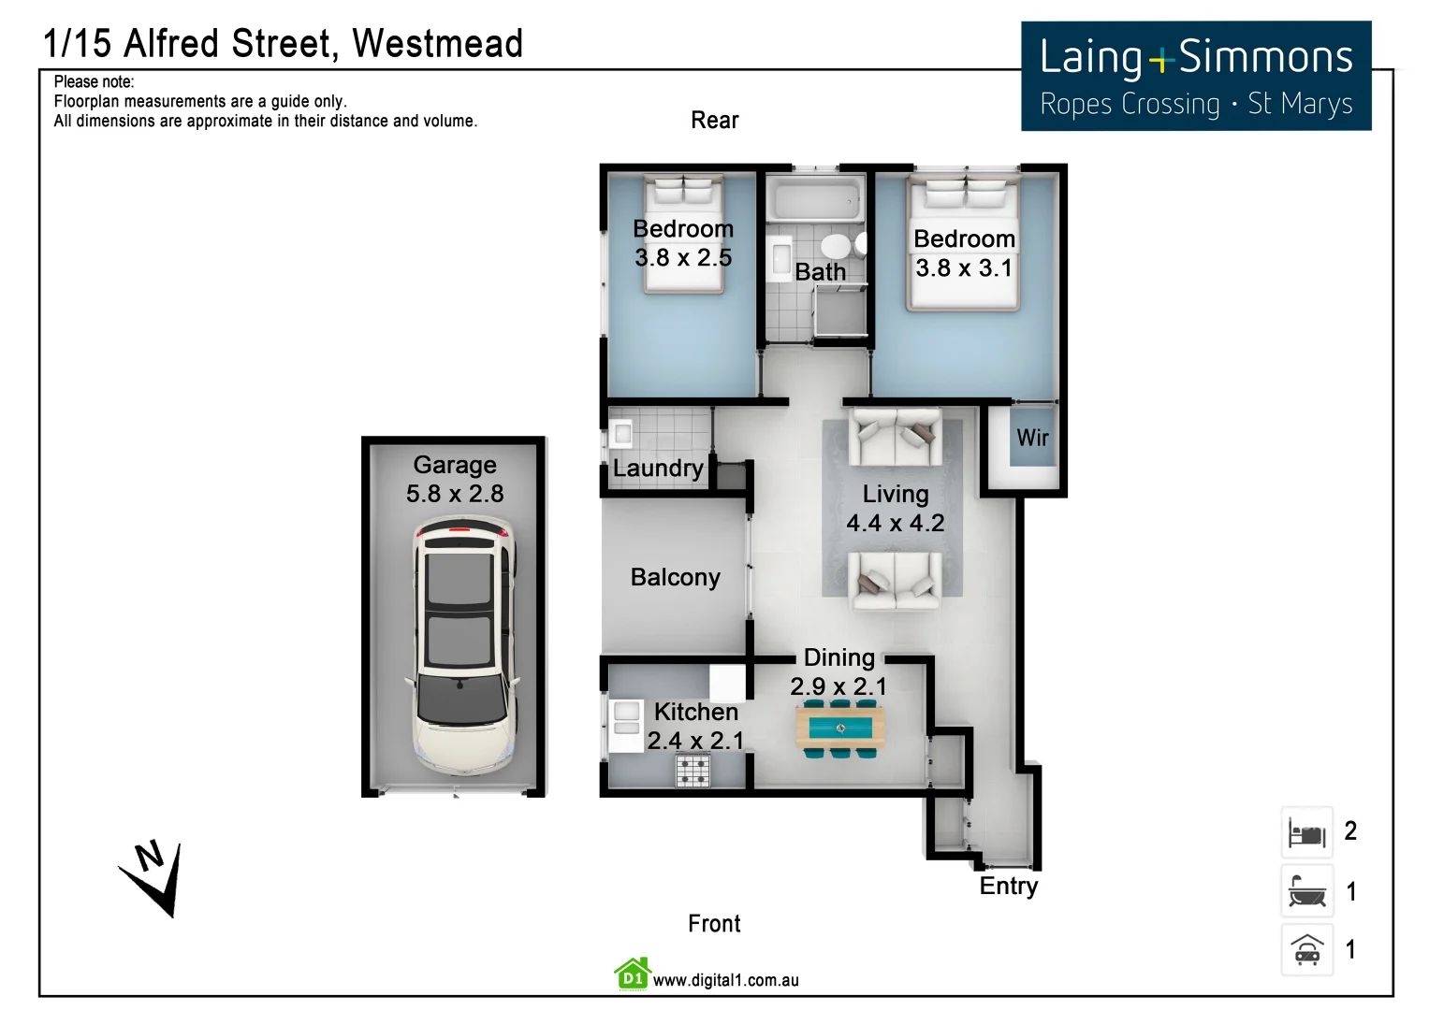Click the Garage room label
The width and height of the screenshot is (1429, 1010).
pos(455,465)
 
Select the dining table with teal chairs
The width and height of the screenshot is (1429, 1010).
pos(839,728)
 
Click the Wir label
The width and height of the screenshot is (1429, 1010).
pos(1032,438)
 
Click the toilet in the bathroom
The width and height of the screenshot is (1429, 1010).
pos(836,247)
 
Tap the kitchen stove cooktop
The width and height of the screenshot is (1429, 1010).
pos(693,771)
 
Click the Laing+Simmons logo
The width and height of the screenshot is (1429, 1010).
pos(1196,77)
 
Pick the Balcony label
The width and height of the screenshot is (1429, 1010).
pos(675,577)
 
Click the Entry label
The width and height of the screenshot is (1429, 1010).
pos(1008,886)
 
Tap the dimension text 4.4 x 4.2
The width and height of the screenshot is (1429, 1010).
pos(896,523)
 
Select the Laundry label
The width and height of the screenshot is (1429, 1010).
pos(658,469)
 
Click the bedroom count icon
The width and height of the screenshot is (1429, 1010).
pos(1306,831)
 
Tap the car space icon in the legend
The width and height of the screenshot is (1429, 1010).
pos(1306,949)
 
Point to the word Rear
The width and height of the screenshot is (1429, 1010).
pos(715,121)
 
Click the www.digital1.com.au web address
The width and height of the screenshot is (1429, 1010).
pos(725,980)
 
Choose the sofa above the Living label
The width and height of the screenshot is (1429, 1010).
pos(895,436)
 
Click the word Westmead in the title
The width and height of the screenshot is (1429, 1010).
pos(437,44)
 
